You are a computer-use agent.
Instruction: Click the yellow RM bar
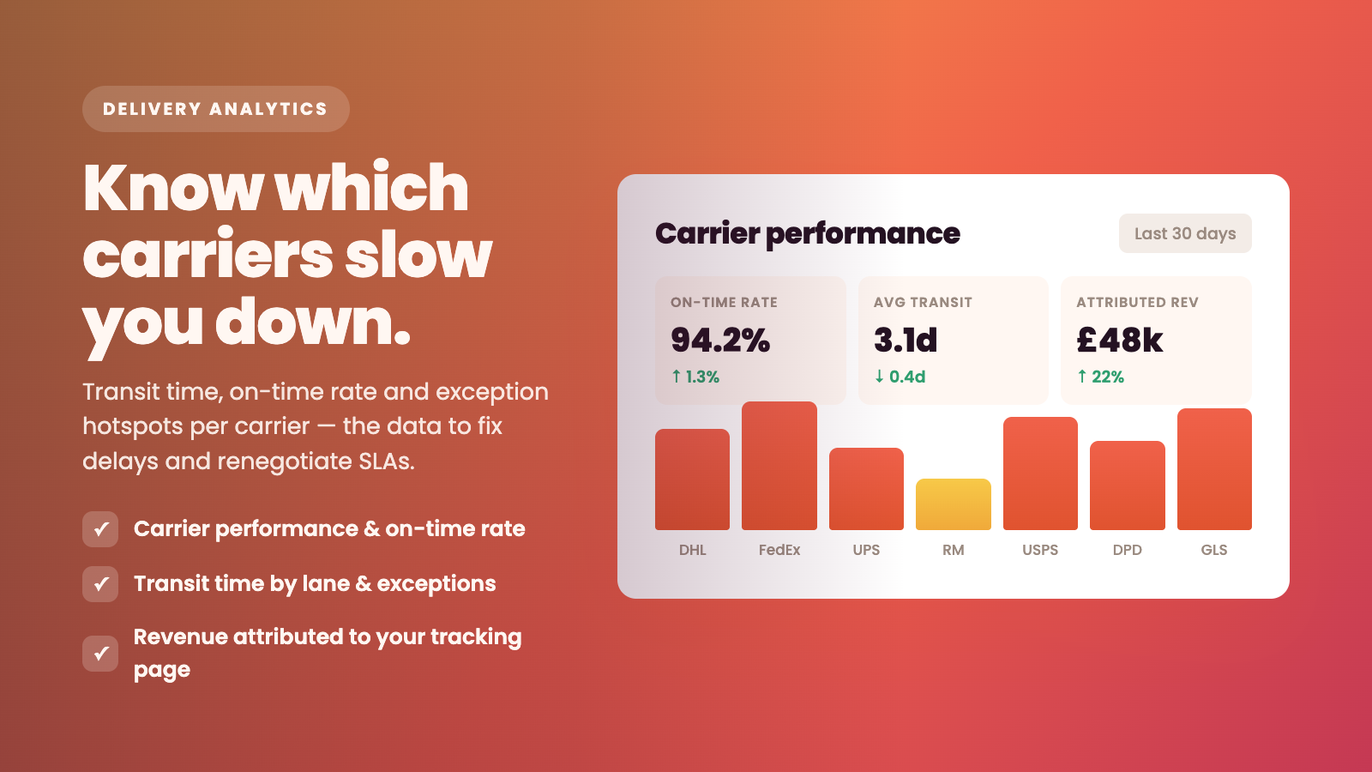pos(953,504)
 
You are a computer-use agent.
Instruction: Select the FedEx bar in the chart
pos(779,466)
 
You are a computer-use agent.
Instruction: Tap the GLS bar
pos(1214,469)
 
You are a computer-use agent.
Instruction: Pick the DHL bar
pos(692,479)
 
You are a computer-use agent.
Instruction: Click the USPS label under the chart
pos(1040,550)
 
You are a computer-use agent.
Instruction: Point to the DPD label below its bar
pos(1127,550)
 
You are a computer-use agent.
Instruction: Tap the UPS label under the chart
pos(866,550)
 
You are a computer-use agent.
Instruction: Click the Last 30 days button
pos(1185,233)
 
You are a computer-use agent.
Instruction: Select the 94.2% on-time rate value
pos(720,340)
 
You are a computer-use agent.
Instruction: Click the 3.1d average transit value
pos(906,340)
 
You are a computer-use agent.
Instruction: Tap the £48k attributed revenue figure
pos(1120,340)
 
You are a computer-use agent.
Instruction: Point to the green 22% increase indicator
pos(1101,377)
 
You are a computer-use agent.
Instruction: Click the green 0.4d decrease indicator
pos(900,377)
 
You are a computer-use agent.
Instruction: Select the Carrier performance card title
pos(808,233)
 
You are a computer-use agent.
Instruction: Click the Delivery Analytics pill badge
pos(215,109)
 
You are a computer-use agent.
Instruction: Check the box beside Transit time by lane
pos(100,584)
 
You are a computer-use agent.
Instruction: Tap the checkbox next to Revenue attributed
pos(100,653)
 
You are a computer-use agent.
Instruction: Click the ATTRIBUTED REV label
pos(1137,302)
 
